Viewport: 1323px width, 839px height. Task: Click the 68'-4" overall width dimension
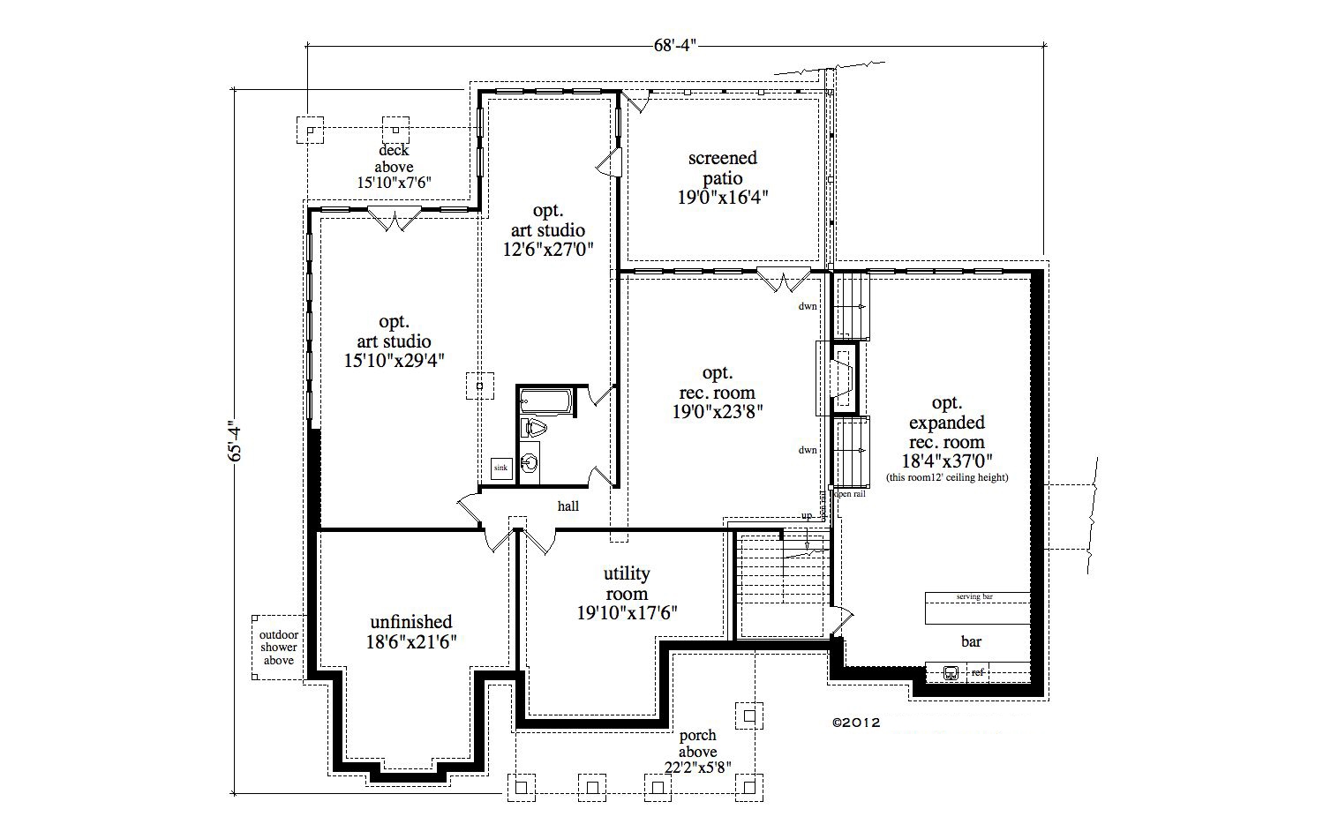675,45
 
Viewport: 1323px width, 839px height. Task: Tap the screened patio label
723,177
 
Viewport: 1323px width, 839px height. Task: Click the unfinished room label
411,632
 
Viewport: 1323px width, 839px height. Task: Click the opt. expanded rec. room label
946,432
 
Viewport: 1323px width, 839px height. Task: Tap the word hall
568,506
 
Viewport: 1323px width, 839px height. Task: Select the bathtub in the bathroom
545,401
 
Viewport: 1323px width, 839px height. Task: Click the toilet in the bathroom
535,429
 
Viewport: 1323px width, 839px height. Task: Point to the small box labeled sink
500,468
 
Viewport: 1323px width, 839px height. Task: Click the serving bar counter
978,608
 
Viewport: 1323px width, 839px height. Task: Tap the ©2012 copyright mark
856,721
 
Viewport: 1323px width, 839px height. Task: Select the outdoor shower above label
278,648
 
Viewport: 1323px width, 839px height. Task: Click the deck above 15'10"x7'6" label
394,167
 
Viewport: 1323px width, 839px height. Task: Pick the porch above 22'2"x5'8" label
697,751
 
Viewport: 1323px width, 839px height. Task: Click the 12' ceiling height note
947,477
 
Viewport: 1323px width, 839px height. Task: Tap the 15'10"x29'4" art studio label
394,350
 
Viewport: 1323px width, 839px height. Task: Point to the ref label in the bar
977,673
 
